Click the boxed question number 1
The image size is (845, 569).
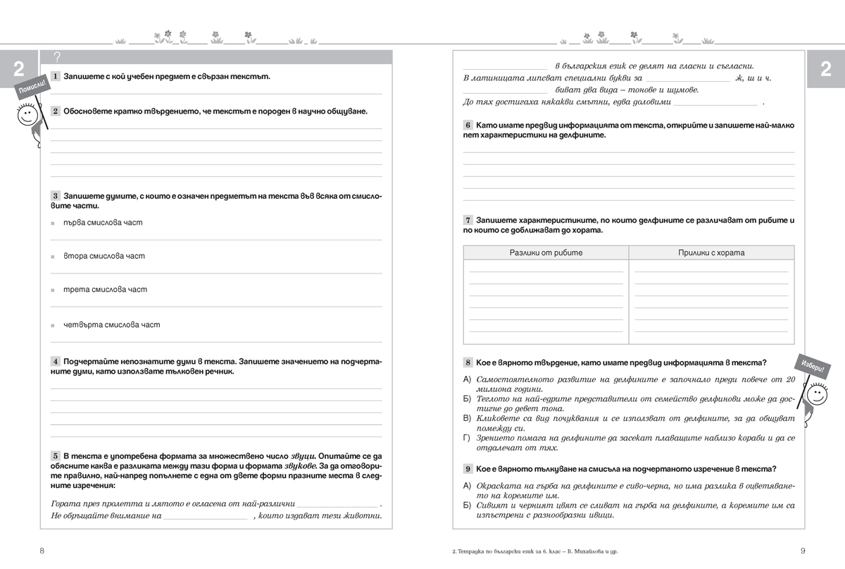[56, 76]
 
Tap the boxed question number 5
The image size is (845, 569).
[56, 457]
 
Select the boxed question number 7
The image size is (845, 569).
[468, 221]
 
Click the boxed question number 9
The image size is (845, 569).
[468, 469]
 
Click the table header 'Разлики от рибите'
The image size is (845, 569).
[546, 252]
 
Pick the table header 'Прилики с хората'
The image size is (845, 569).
[711, 252]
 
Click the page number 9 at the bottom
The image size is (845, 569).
[803, 551]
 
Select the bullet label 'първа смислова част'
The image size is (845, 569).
[103, 222]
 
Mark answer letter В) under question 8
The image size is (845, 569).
[466, 418]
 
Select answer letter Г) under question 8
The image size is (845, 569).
[466, 438]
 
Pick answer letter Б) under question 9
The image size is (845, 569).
[466, 506]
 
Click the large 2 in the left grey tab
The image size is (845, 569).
[19, 68]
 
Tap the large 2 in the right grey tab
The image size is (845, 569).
[825, 68]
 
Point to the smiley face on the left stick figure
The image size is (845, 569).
[26, 116]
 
